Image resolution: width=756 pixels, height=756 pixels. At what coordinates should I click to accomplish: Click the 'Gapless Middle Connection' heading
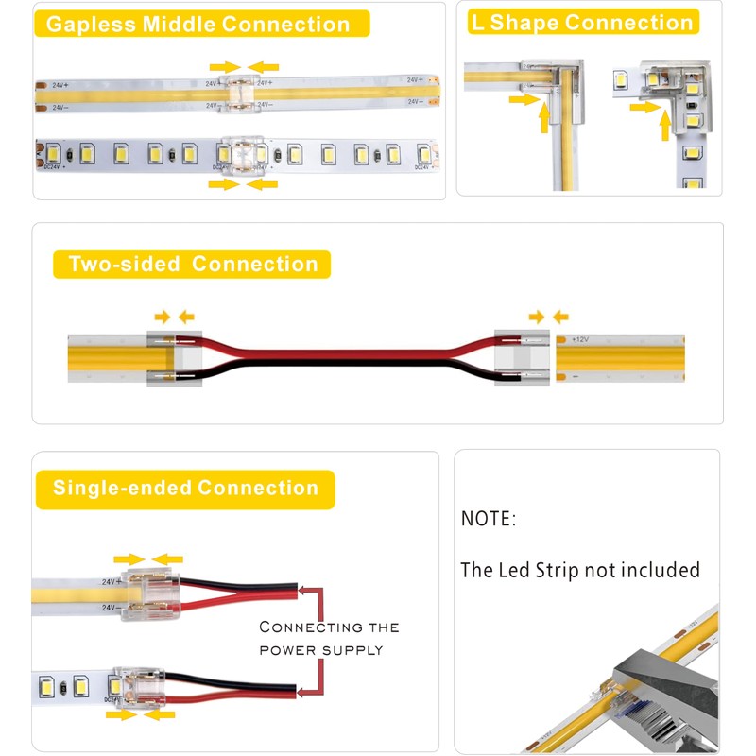198,24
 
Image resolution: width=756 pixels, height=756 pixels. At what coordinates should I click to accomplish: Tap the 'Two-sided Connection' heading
193,264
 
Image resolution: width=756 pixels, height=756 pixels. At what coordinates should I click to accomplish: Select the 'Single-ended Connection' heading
185,489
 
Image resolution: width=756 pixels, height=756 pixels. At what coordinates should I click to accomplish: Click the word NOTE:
489,519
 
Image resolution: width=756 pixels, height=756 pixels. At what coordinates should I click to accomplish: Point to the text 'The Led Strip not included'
579,570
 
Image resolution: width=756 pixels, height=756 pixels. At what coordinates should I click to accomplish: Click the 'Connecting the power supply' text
329,638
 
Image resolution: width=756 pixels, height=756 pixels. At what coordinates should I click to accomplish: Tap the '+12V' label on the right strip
580,338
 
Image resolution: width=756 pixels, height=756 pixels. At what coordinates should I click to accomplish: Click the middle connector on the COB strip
244,93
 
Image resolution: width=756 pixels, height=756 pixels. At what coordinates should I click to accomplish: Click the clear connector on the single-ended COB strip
145,593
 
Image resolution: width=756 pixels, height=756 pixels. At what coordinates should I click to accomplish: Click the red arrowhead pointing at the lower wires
301,689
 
